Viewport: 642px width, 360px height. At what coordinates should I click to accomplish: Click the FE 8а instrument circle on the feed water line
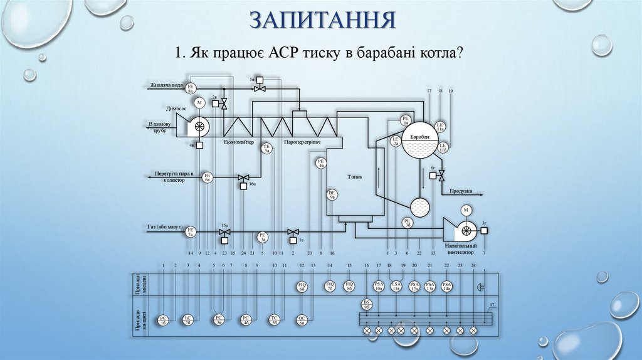(192, 88)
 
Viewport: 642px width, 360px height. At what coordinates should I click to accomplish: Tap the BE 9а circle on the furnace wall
(332, 195)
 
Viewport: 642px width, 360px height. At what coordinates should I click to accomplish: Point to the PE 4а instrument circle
(321, 164)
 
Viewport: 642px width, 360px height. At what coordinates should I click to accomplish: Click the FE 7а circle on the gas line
(191, 232)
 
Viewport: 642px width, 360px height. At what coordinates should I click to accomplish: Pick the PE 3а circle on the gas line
(263, 236)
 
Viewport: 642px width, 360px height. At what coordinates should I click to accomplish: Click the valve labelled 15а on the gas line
(224, 233)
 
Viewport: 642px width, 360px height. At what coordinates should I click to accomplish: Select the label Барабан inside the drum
(419, 137)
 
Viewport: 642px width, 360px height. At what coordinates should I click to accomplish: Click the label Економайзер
(239, 142)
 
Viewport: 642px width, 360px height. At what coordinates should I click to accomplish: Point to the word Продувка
(461, 191)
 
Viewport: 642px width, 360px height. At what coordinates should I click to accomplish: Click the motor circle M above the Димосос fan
(199, 102)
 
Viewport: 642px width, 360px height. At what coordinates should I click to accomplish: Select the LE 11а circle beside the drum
(440, 126)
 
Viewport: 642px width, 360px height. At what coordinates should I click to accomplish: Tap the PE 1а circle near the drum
(405, 120)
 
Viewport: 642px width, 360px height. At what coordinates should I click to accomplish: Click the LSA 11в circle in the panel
(396, 286)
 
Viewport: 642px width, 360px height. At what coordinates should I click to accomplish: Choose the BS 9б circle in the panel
(367, 304)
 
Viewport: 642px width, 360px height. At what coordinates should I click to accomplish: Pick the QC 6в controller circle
(302, 319)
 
